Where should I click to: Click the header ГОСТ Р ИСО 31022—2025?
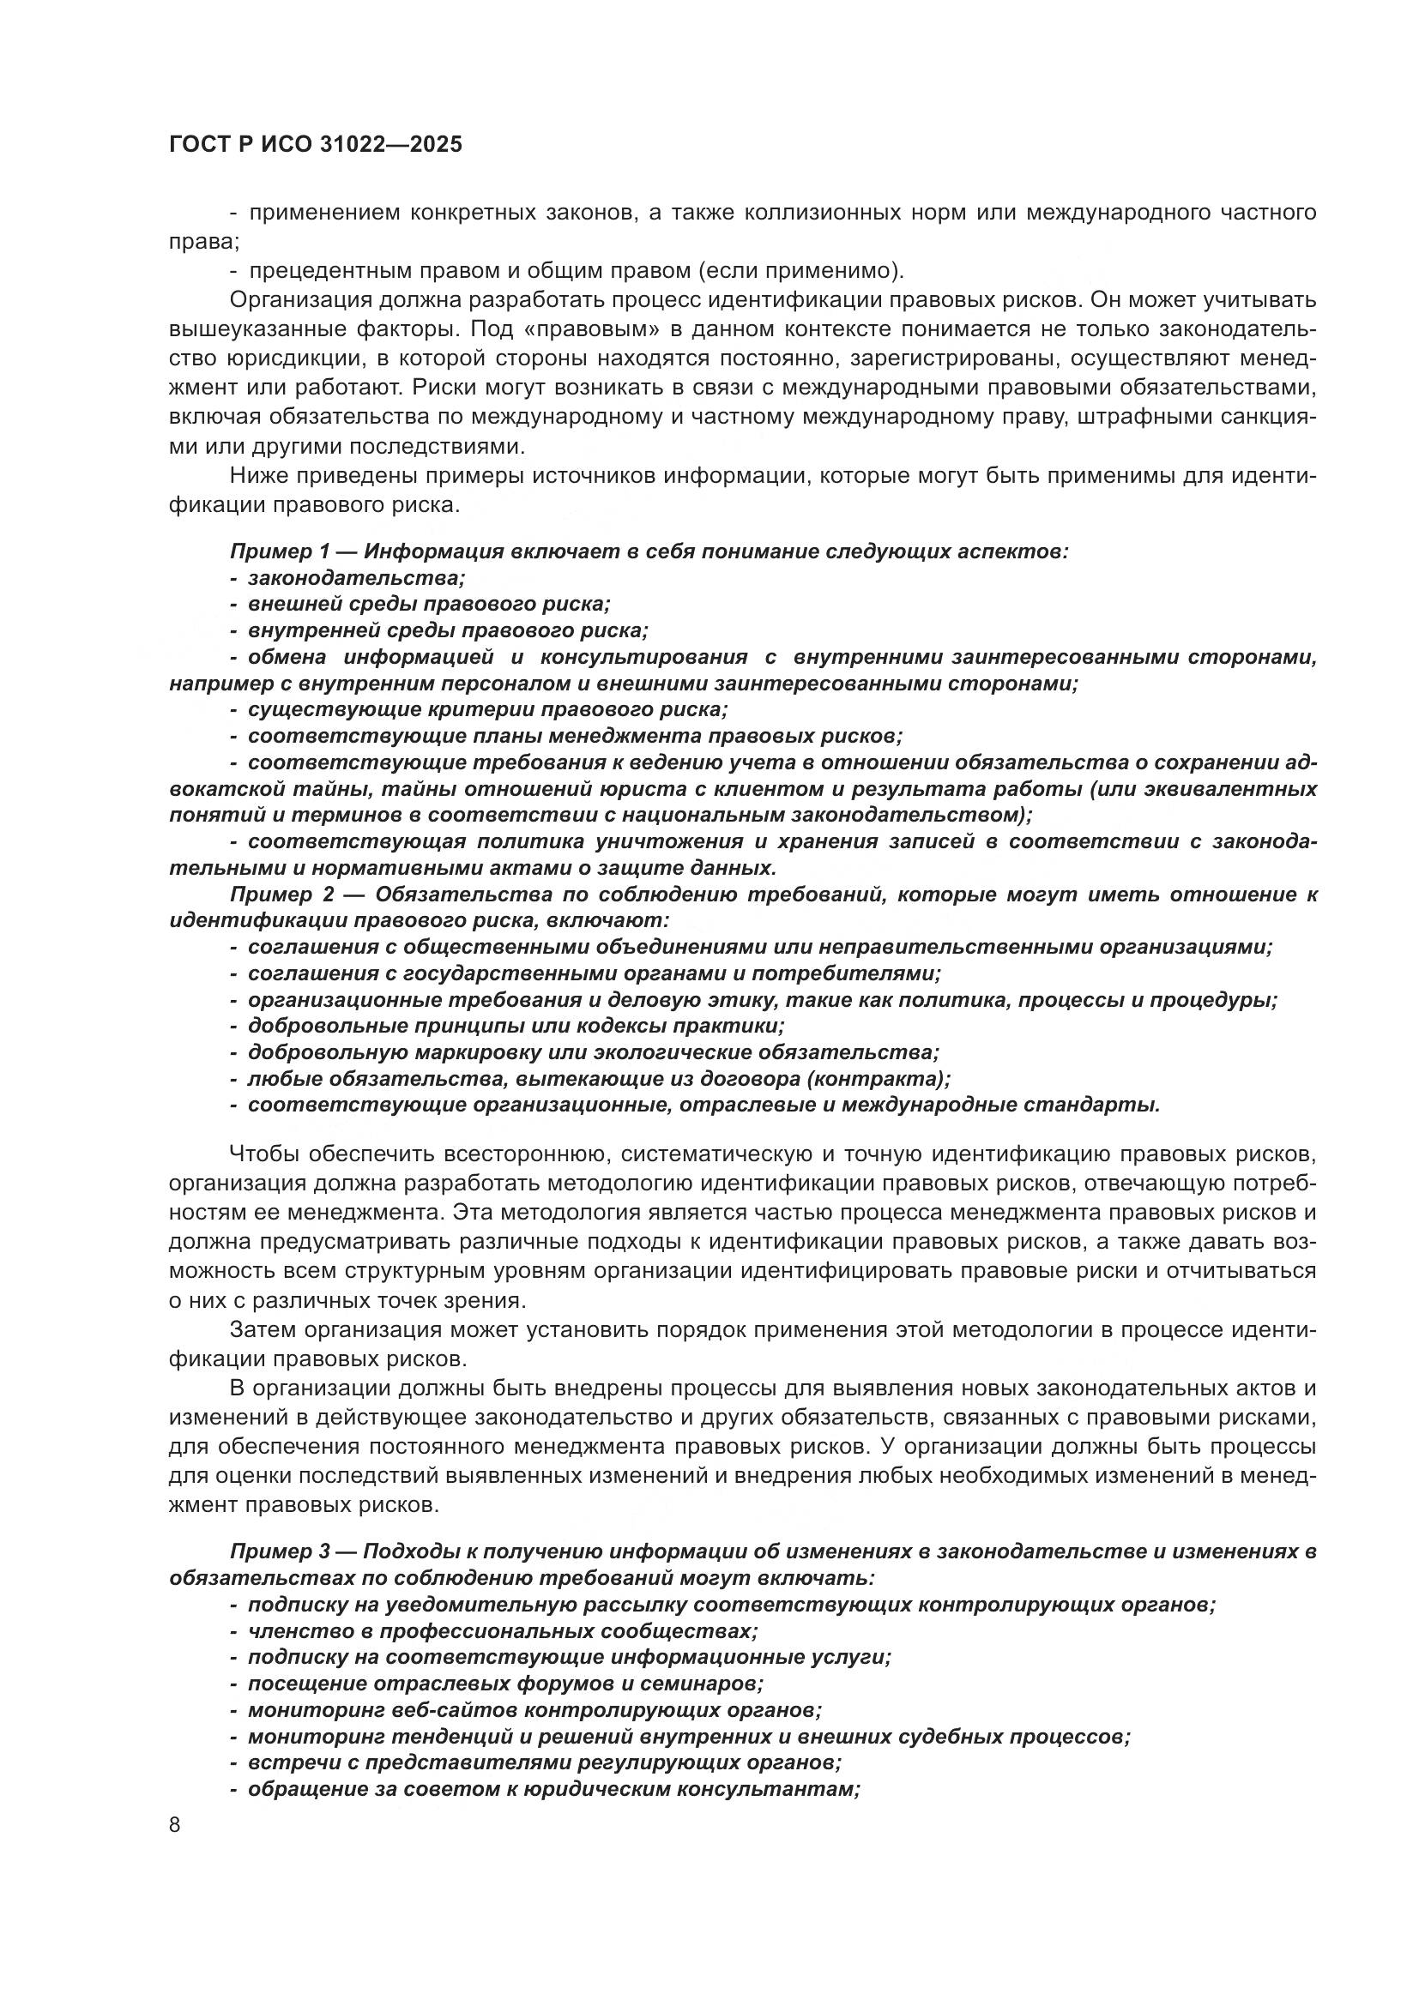pyautogui.click(x=316, y=145)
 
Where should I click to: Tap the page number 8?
pyautogui.click(x=175, y=1825)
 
